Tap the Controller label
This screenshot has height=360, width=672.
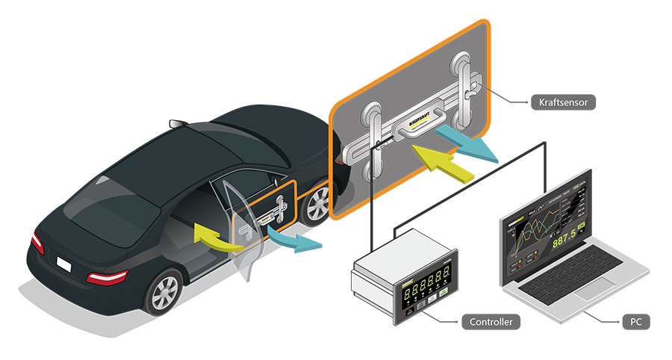[x=490, y=323]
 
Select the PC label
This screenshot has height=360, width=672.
[x=635, y=323]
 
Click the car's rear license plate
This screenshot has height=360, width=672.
[x=65, y=264]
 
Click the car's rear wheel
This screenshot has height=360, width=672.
[x=164, y=291]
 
